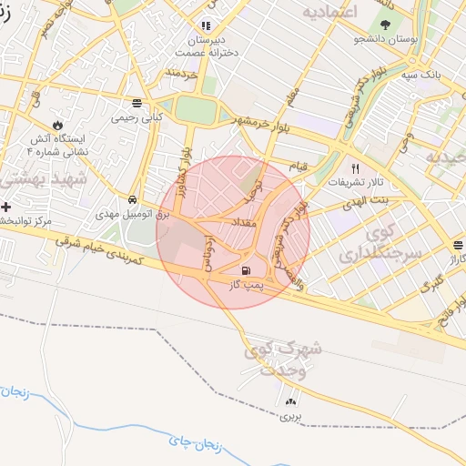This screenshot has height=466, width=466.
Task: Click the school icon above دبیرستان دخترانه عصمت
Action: point(206,25)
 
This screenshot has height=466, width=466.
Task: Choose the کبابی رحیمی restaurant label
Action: point(136,117)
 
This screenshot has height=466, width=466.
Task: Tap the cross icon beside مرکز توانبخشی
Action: point(6,208)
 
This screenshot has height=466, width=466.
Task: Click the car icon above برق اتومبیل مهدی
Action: point(133,199)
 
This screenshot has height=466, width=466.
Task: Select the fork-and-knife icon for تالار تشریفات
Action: point(355,168)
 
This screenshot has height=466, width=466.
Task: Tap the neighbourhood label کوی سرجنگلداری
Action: point(380,242)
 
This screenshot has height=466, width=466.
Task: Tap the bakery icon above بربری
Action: point(290,401)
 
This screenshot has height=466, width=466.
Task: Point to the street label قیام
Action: point(323,167)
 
